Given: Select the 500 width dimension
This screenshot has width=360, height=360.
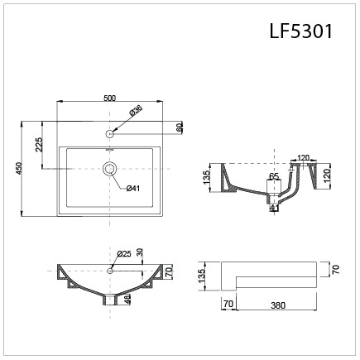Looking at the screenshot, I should (109, 98).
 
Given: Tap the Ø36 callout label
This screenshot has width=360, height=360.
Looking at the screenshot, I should (135, 111).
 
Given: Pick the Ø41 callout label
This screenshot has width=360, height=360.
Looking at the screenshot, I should (132, 189).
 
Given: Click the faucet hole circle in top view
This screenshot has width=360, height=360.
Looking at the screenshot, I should (109, 132).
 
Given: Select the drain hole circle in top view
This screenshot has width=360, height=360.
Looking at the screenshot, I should (109, 168).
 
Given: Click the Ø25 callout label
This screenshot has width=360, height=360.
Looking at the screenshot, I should (124, 253).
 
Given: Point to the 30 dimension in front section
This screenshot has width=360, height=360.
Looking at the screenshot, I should (140, 252).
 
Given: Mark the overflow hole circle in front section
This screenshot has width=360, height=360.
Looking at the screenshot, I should (110, 269).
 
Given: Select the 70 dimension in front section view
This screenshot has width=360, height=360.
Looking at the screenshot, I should (169, 271).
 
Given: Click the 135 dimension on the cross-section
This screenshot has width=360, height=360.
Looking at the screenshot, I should (206, 176).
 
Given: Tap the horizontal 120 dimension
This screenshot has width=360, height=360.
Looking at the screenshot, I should (303, 157).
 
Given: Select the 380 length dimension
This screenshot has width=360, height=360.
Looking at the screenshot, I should (276, 304).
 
